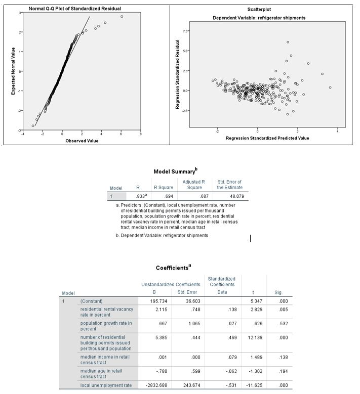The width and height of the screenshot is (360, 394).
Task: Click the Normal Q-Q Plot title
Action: [74, 9]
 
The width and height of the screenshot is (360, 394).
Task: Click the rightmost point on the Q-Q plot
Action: [122, 17]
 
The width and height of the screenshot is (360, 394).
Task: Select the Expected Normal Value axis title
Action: [13, 70]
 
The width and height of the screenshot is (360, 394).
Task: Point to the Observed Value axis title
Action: [82, 141]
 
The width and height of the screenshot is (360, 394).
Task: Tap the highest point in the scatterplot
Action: [288, 42]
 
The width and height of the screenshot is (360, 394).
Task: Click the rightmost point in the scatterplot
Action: [330, 87]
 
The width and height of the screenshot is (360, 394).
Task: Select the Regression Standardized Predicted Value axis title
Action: [267, 138]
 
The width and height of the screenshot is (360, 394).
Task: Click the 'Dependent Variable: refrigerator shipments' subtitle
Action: [259, 18]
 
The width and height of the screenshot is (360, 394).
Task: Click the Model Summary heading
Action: [175, 172]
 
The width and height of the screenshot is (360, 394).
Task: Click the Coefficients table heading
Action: [173, 267]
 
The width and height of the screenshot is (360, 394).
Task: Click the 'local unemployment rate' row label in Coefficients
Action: [105, 385]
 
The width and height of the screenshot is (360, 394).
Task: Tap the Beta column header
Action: [221, 292]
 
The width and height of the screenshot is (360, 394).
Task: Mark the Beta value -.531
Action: [222, 385]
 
